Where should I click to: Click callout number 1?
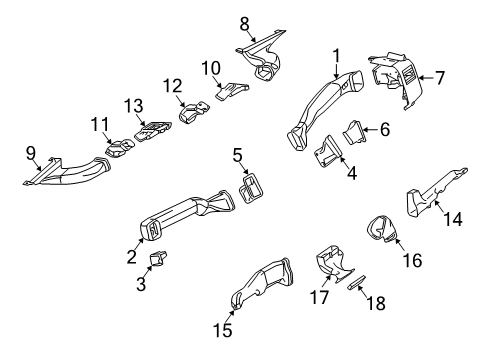337,55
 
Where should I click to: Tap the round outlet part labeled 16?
382,230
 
